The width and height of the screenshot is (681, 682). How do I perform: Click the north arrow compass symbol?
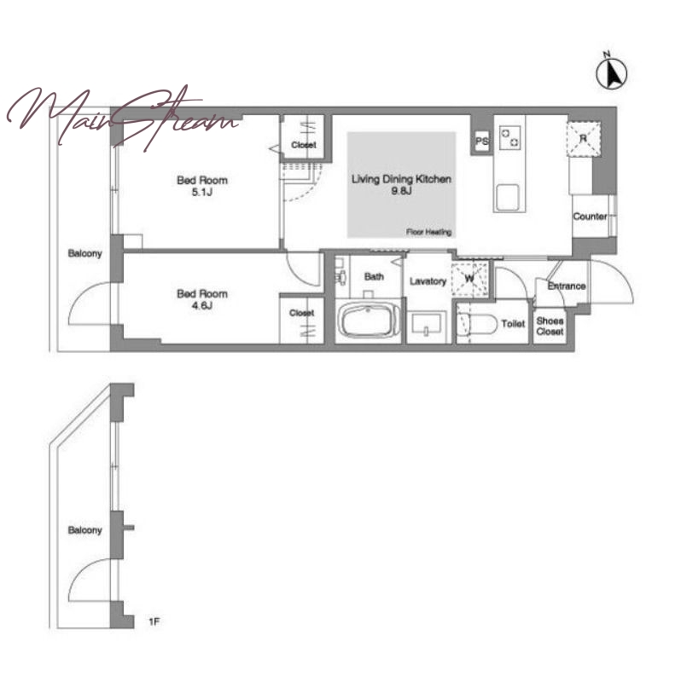611,72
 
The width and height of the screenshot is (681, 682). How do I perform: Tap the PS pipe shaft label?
481,142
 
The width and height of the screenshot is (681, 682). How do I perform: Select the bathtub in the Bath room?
368,321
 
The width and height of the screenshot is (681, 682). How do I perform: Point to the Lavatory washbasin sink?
426,324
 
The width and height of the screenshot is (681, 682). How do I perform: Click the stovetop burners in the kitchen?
509,137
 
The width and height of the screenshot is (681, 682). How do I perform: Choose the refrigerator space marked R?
583,139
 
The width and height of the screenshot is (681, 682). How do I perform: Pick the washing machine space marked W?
469,279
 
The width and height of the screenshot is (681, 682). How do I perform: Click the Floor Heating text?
428,232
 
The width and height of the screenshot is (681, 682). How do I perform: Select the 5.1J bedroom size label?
201,192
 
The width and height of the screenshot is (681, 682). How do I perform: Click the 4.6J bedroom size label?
201,305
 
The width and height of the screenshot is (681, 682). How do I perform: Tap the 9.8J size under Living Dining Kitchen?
401,190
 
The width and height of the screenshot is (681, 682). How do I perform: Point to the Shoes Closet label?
550,327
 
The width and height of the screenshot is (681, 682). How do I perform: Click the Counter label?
590,217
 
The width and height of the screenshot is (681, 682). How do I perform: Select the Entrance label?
567,286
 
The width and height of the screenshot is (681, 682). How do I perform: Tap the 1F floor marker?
154,622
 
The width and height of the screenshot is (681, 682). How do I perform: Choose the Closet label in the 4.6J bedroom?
301,313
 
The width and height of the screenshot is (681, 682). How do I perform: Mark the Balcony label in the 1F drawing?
84,529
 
